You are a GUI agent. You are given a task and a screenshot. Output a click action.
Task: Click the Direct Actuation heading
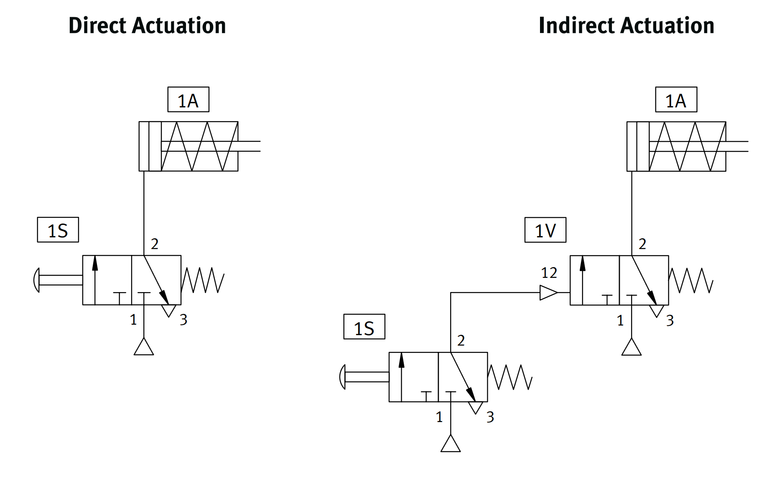[147, 25]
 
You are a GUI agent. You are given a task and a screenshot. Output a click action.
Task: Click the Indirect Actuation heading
[626, 25]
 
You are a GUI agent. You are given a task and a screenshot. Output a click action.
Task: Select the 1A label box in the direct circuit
[188, 100]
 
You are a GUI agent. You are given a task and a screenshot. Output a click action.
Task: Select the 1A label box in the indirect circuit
[676, 100]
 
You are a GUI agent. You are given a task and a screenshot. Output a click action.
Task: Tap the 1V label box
[545, 230]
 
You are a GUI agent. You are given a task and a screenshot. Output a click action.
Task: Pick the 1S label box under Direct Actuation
[58, 230]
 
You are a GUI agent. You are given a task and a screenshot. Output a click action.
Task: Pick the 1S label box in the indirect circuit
[364, 327]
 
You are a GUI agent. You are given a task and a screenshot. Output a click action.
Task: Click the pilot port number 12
[549, 273]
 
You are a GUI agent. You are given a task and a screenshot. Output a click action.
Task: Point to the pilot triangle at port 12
[548, 293]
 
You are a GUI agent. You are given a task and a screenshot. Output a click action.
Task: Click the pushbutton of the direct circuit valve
[37, 280]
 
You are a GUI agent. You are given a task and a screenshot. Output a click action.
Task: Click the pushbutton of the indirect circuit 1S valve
[343, 377]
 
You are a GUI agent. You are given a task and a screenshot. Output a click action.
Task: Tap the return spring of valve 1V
[691, 280]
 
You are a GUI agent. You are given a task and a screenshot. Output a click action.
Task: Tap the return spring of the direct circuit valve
[203, 280]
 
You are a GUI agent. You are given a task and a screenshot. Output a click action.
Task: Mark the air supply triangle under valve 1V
[631, 348]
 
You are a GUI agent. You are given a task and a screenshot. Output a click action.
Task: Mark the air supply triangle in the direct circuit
[144, 347]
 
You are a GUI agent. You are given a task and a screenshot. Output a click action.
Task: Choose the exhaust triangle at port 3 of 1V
[656, 310]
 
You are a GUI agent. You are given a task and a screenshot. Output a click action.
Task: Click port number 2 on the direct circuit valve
[155, 244]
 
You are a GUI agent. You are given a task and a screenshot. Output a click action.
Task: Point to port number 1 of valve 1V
[620, 321]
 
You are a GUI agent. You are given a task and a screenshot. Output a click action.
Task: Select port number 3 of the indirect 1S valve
[490, 417]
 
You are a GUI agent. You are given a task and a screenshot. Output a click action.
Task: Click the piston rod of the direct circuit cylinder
[249, 146]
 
